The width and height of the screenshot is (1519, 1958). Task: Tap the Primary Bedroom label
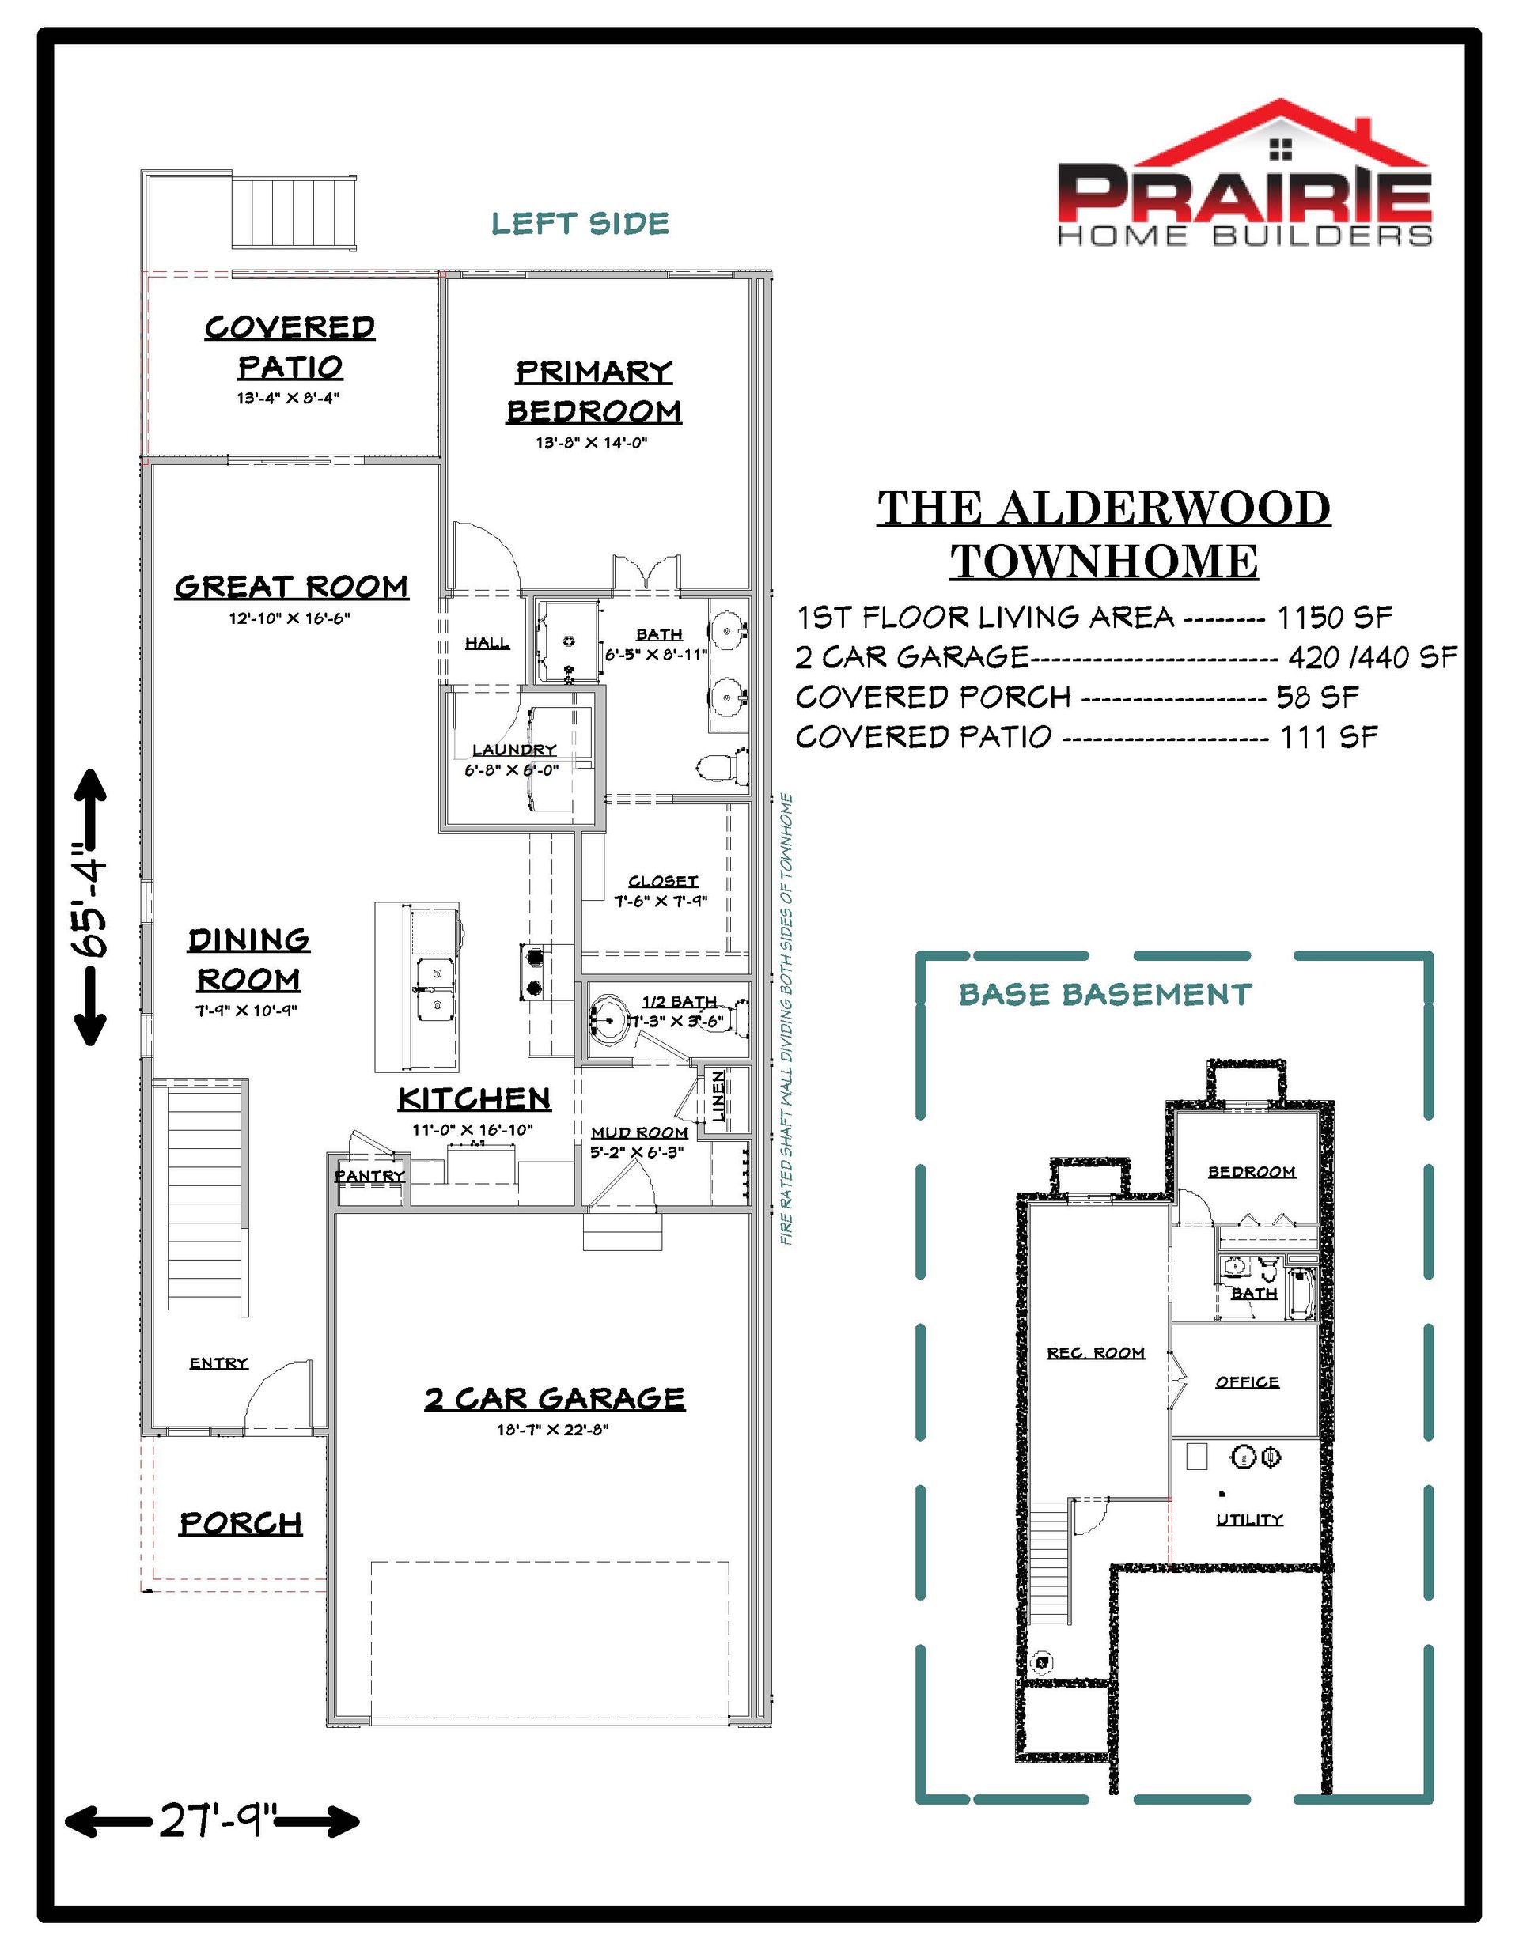point(594,391)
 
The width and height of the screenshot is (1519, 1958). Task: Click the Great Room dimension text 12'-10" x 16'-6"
point(289,618)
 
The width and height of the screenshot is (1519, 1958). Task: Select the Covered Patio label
point(290,347)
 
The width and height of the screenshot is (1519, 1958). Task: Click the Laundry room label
point(513,750)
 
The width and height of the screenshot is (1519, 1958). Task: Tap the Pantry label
point(369,1175)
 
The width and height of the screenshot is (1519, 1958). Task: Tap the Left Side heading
point(580,223)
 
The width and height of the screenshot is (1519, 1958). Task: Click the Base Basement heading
point(1104,994)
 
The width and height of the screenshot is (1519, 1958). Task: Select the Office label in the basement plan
point(1246,1382)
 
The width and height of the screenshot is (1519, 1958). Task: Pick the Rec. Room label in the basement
point(1096,1353)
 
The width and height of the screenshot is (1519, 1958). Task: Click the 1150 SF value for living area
point(1333,617)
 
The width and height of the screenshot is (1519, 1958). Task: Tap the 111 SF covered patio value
point(1328,737)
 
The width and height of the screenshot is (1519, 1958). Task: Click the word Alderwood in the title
point(1164,508)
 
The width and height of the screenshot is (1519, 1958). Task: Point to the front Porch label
point(241,1523)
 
